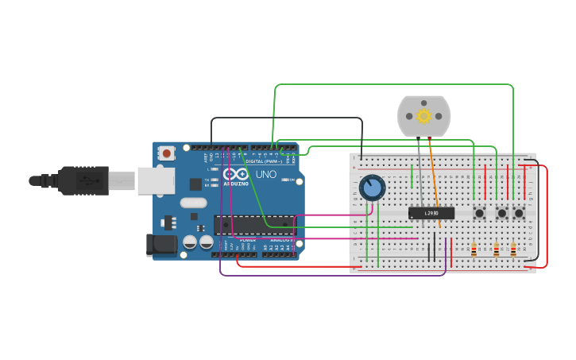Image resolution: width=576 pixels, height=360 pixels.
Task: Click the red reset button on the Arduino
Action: (166, 153)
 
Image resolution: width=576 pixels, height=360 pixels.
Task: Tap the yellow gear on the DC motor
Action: (423, 117)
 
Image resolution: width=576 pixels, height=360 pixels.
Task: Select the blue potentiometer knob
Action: (372, 188)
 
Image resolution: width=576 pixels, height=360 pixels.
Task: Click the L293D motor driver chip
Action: (431, 213)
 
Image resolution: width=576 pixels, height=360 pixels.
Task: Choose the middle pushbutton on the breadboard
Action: (501, 213)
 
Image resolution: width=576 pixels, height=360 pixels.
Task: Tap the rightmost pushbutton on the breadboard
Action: (519, 213)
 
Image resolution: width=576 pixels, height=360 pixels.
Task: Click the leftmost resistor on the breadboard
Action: (474, 250)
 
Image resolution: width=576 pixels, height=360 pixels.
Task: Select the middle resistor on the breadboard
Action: (497, 250)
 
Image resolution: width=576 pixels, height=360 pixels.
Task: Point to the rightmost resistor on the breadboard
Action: (513, 250)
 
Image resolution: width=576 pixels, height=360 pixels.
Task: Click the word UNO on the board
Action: (266, 174)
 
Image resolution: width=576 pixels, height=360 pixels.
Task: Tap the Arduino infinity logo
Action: (235, 174)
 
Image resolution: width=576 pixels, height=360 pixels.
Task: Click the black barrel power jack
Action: (162, 245)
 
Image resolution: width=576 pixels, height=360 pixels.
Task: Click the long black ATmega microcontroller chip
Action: (254, 225)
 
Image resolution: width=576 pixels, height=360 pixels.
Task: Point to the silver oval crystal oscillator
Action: (193, 203)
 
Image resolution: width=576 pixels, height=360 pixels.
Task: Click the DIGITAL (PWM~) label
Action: (264, 161)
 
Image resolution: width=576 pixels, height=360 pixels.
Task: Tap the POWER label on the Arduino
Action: (248, 239)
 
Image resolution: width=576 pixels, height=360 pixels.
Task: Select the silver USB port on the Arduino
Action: (156, 180)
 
